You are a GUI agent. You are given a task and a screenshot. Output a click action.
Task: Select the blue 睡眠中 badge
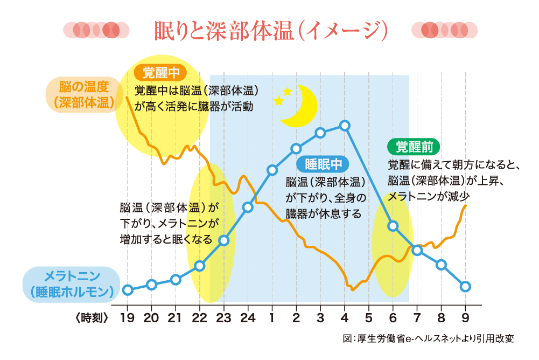tap(323, 164)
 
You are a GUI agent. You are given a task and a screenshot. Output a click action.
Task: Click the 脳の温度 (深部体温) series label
tap(85, 94)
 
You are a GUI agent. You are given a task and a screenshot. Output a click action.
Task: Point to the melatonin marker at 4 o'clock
tap(345, 126)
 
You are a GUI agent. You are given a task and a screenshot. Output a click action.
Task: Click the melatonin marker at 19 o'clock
tap(127, 290)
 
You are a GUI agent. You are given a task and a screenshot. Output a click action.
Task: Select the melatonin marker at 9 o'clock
tap(466, 286)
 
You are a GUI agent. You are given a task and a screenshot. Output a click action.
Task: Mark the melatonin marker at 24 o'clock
tap(248, 207)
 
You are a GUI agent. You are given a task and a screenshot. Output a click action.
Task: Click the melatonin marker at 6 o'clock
tap(393, 226)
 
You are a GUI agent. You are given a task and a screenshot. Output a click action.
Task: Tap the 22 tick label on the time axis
tap(200, 317)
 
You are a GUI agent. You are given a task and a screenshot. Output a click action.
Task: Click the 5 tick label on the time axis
tap(369, 317)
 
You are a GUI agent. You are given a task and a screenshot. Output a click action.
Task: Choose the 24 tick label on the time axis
tap(248, 317)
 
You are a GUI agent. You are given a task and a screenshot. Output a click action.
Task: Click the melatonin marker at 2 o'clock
tap(296, 148)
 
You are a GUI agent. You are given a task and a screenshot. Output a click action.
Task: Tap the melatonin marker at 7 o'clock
tap(417, 250)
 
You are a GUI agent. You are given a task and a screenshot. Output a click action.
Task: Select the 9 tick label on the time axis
tap(466, 317)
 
